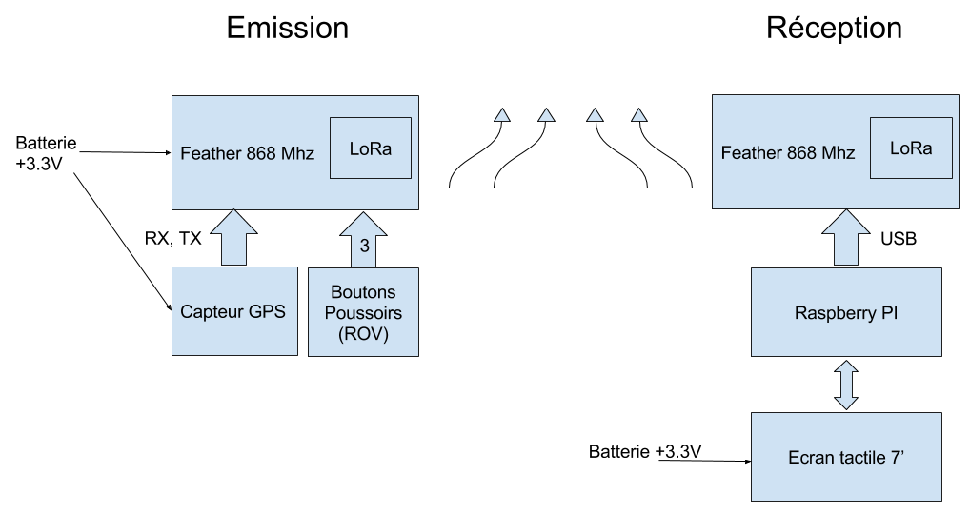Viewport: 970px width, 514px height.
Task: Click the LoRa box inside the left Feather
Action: (370, 148)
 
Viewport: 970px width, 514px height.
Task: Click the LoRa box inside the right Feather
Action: (911, 148)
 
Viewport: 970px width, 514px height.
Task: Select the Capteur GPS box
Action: (233, 311)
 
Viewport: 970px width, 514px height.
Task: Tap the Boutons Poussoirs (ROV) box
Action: (363, 312)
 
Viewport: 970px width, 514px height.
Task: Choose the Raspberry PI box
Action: (846, 311)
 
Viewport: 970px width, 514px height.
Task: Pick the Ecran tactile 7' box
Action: (846, 457)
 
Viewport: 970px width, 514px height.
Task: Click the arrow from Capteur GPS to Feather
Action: (233, 237)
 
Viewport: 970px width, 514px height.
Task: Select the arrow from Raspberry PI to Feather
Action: (846, 237)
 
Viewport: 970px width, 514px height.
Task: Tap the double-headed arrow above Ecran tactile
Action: (846, 385)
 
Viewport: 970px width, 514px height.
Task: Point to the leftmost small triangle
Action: (501, 116)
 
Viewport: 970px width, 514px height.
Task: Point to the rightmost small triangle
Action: (638, 116)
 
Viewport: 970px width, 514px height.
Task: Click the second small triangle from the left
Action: (546, 116)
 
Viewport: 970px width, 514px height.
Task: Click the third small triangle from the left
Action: (595, 116)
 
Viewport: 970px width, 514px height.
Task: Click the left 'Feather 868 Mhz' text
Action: (247, 153)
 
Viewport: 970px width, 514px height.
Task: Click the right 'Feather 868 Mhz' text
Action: (788, 153)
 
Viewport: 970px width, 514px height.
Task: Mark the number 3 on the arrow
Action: (364, 246)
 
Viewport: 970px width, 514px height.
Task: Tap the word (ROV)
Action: (363, 334)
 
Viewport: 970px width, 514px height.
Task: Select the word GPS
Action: (267, 312)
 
